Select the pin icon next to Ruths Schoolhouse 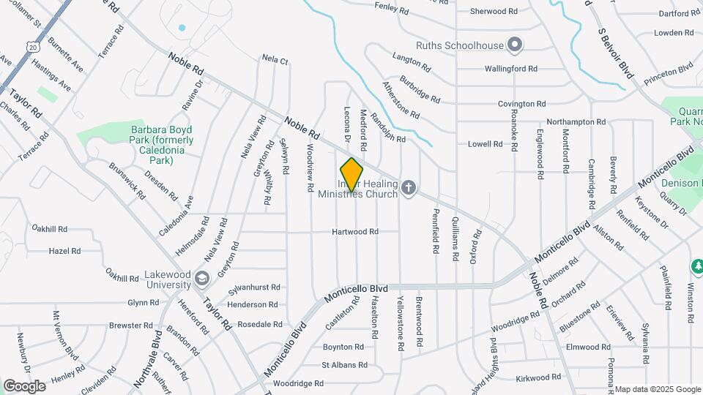(x=515, y=45)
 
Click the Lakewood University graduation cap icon (x=202, y=278)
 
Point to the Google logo (x=24, y=385)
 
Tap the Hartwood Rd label (x=354, y=232)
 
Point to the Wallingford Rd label (x=511, y=69)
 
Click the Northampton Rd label (x=576, y=122)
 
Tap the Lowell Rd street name (x=485, y=144)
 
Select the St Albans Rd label (x=344, y=365)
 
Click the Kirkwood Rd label (x=538, y=377)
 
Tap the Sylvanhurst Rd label (x=253, y=287)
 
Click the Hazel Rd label (x=64, y=251)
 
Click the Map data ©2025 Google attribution (x=658, y=389)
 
